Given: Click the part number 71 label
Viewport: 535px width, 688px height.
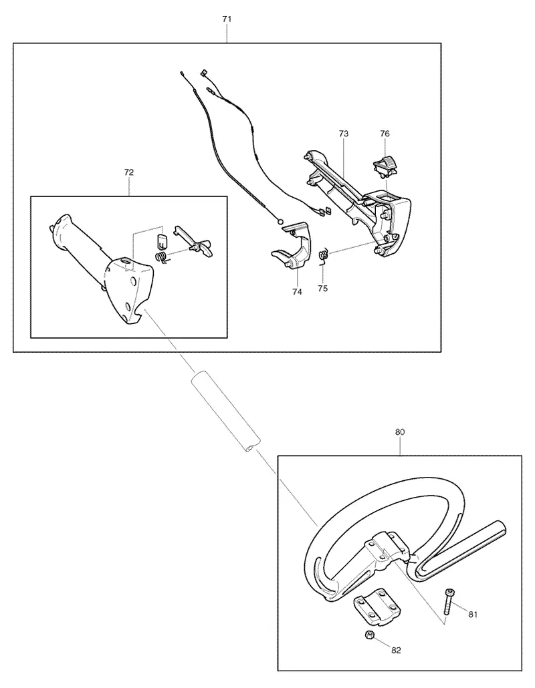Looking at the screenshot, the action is coord(227,19).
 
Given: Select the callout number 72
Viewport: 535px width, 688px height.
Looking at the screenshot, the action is coord(128,172).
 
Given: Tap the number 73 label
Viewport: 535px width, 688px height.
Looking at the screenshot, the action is coord(344,134).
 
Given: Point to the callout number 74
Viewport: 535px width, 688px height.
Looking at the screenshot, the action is coord(297,292).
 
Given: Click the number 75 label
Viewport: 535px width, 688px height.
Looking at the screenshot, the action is coord(323,289).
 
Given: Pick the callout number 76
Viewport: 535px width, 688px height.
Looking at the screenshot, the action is coord(385,134).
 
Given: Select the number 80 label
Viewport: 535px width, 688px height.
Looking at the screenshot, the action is coord(400,432).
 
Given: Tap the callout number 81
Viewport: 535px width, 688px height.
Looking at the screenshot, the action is coord(473,615).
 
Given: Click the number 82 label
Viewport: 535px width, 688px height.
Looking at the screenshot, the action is coord(396,651).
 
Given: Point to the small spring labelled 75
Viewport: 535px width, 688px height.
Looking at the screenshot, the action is coord(323,255).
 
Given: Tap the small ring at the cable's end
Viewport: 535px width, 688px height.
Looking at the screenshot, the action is coord(280,222).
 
